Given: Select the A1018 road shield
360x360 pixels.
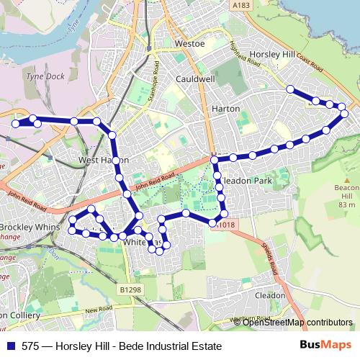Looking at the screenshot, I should click(225, 225).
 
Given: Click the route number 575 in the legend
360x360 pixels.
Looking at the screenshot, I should click(31, 345).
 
